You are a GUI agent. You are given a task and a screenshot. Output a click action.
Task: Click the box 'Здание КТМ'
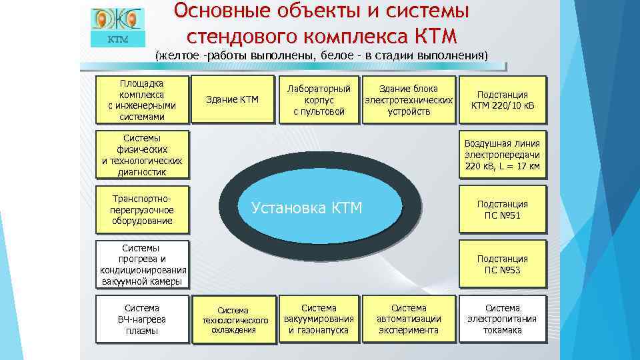click(232, 100)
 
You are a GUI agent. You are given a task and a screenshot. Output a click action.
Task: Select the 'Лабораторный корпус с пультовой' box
click(319, 100)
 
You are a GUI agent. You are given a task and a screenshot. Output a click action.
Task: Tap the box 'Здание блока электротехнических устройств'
click(408, 100)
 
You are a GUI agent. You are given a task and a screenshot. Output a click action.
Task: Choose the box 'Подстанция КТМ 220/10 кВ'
click(502, 100)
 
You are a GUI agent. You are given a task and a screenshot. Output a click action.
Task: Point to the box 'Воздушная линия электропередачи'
click(502, 155)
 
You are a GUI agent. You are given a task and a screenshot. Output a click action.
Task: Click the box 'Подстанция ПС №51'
click(502, 209)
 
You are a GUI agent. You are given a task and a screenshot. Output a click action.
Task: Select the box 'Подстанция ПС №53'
click(502, 264)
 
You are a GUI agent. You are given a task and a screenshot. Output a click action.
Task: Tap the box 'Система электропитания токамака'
click(502, 319)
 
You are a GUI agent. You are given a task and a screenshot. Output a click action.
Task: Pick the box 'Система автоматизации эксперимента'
click(408, 319)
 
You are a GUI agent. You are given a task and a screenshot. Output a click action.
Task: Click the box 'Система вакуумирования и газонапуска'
click(319, 319)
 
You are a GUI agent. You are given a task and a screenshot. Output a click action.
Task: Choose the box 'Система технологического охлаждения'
click(232, 319)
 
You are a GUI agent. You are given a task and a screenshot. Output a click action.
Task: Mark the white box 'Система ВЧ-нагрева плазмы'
click(141, 319)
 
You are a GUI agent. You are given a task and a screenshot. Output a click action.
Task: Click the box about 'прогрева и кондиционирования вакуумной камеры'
click(141, 264)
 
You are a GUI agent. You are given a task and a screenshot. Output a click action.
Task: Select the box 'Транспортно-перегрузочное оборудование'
click(141, 209)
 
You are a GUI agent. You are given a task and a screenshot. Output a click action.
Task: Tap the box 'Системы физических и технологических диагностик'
click(141, 155)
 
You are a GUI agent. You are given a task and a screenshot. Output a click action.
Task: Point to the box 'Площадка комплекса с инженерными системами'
click(141, 100)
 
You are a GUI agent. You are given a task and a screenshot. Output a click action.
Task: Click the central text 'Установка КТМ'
click(307, 208)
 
